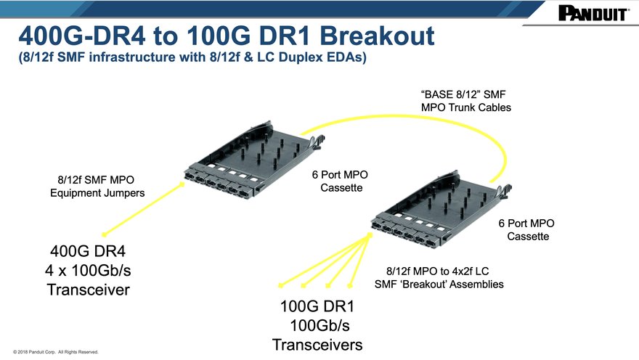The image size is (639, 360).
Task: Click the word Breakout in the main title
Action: pyautogui.click(x=378, y=36)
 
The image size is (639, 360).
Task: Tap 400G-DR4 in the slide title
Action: pyautogui.click(x=82, y=36)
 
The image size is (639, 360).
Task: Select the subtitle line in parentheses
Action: pyautogui.click(x=192, y=57)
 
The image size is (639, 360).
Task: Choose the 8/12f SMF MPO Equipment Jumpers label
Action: pyautogui.click(x=97, y=186)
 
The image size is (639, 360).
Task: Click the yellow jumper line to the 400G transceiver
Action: pyautogui.click(x=144, y=209)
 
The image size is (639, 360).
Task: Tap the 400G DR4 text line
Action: pyautogui.click(x=88, y=251)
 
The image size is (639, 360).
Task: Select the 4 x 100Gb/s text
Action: pyautogui.click(x=88, y=271)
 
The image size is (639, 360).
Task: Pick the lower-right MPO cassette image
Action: pyautogui.click(x=441, y=208)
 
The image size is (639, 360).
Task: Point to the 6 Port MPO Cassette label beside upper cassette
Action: pyautogui.click(x=341, y=181)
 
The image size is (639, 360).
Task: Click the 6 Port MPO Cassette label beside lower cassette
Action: pyautogui.click(x=526, y=229)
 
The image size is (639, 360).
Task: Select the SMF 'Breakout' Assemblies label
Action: pyautogui.click(x=439, y=284)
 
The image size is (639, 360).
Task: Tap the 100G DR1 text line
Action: pyautogui.click(x=317, y=306)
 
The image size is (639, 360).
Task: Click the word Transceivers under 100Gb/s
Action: pyautogui.click(x=317, y=345)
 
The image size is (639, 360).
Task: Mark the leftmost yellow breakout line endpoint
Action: pyautogui.click(x=280, y=285)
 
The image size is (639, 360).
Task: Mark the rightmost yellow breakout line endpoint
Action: pyautogui.click(x=350, y=286)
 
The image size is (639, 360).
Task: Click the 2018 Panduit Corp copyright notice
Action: pyautogui.click(x=56, y=352)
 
